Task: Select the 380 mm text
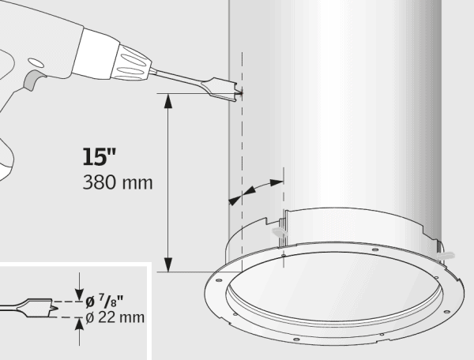pyautogui.click(x=118, y=182)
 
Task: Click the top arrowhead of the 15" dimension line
pyautogui.click(x=167, y=99)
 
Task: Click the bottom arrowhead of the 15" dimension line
pyautogui.click(x=167, y=264)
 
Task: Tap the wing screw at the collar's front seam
pyautogui.click(x=278, y=233)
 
